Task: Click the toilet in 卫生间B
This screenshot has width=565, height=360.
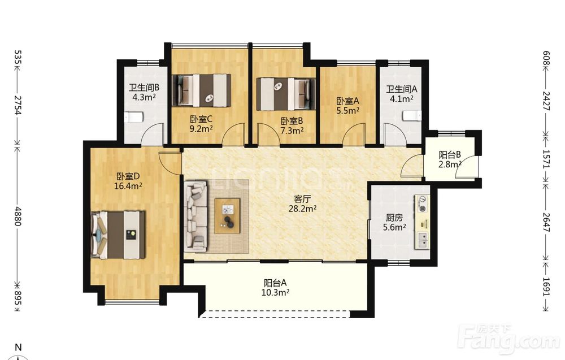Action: click(134, 117)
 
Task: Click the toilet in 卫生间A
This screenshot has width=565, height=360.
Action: click(412, 116)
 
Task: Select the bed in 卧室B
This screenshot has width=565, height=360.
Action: click(286, 94)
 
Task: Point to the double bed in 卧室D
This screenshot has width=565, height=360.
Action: click(118, 235)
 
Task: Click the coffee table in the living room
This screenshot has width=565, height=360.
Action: click(227, 216)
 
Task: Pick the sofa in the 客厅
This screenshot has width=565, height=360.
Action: click(195, 216)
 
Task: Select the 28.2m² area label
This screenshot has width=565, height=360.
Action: click(302, 209)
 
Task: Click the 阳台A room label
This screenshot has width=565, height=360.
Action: click(275, 283)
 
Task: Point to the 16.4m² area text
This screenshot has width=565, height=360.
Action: click(128, 186)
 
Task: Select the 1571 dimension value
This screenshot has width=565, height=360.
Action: click(546, 159)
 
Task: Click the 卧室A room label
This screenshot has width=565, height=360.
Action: click(347, 101)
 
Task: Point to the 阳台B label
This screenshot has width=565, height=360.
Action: click(450, 155)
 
